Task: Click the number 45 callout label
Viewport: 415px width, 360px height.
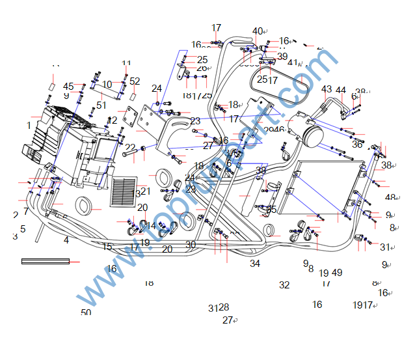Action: (x=68, y=87)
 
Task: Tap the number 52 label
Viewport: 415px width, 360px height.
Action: (x=135, y=81)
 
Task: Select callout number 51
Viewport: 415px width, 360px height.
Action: (x=101, y=105)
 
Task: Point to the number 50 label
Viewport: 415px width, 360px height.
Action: (x=86, y=312)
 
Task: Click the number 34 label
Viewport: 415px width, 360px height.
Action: (x=255, y=264)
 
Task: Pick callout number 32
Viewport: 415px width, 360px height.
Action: (x=284, y=285)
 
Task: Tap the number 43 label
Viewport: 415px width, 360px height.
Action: (x=327, y=89)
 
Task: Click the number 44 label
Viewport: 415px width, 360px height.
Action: (x=341, y=90)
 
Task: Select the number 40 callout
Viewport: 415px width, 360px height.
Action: (x=258, y=31)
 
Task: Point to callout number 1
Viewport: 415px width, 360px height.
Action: (x=29, y=124)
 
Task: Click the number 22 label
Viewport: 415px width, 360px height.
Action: (x=130, y=148)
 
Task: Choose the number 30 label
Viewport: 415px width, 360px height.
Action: (x=191, y=245)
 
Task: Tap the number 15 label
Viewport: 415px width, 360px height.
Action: (x=107, y=247)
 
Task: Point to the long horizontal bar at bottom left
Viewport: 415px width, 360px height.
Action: (x=46, y=261)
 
